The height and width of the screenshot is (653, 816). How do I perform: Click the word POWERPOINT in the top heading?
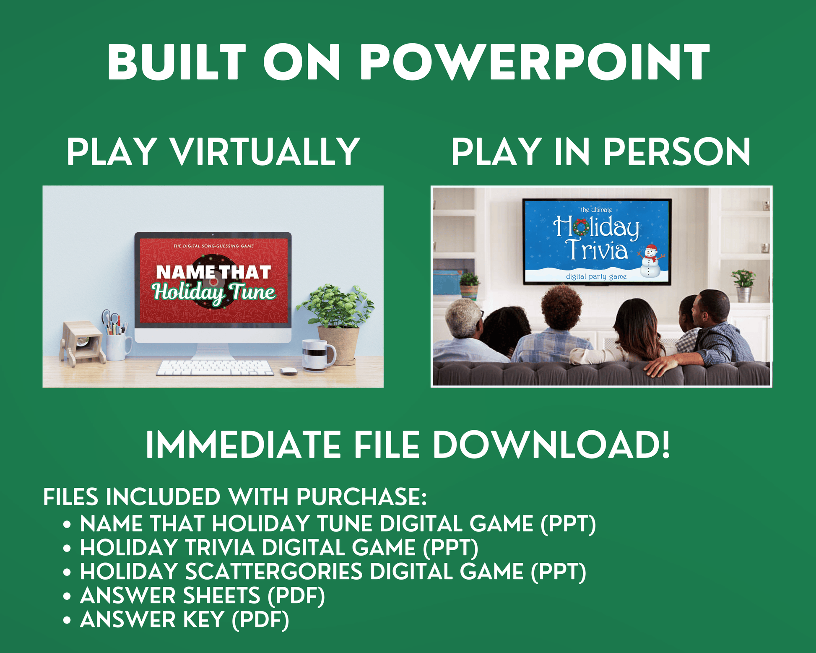click(535, 62)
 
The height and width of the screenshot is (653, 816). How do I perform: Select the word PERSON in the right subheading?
click(676, 152)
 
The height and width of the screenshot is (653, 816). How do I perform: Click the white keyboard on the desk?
click(215, 368)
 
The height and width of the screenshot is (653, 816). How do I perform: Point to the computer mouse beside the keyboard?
click(288, 371)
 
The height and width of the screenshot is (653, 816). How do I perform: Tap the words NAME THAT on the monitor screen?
click(213, 272)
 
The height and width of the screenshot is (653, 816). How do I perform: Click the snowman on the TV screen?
click(650, 261)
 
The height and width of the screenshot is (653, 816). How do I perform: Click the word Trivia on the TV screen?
click(597, 250)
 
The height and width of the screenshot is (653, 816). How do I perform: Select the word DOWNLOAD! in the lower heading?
click(551, 445)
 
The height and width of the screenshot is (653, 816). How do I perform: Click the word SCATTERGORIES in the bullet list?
click(274, 572)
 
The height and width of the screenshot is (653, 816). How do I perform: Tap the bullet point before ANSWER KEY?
click(67, 620)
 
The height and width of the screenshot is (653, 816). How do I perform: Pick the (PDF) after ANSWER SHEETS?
click(296, 596)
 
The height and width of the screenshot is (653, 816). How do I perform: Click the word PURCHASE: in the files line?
click(361, 497)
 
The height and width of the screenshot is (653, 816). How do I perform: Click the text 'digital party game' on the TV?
click(596, 276)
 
